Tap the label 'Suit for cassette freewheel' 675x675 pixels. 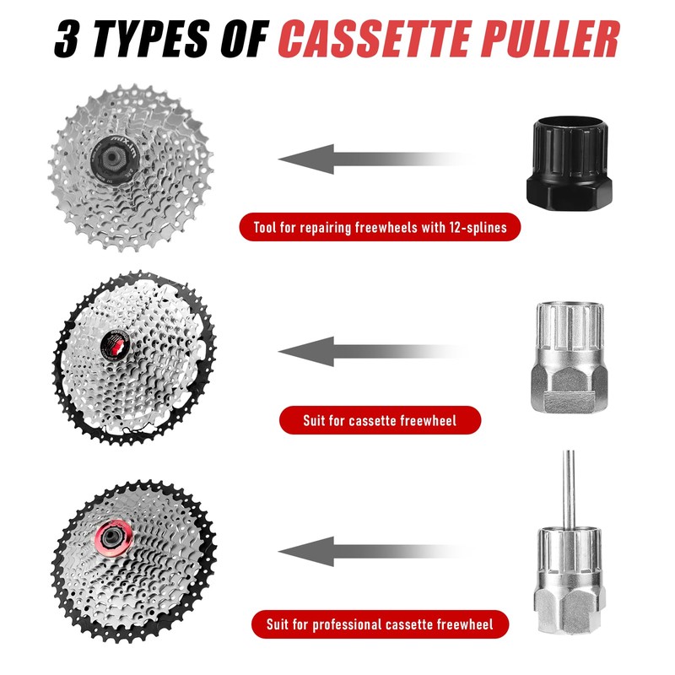click(x=380, y=419)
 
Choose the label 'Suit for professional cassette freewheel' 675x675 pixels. click(x=380, y=625)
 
